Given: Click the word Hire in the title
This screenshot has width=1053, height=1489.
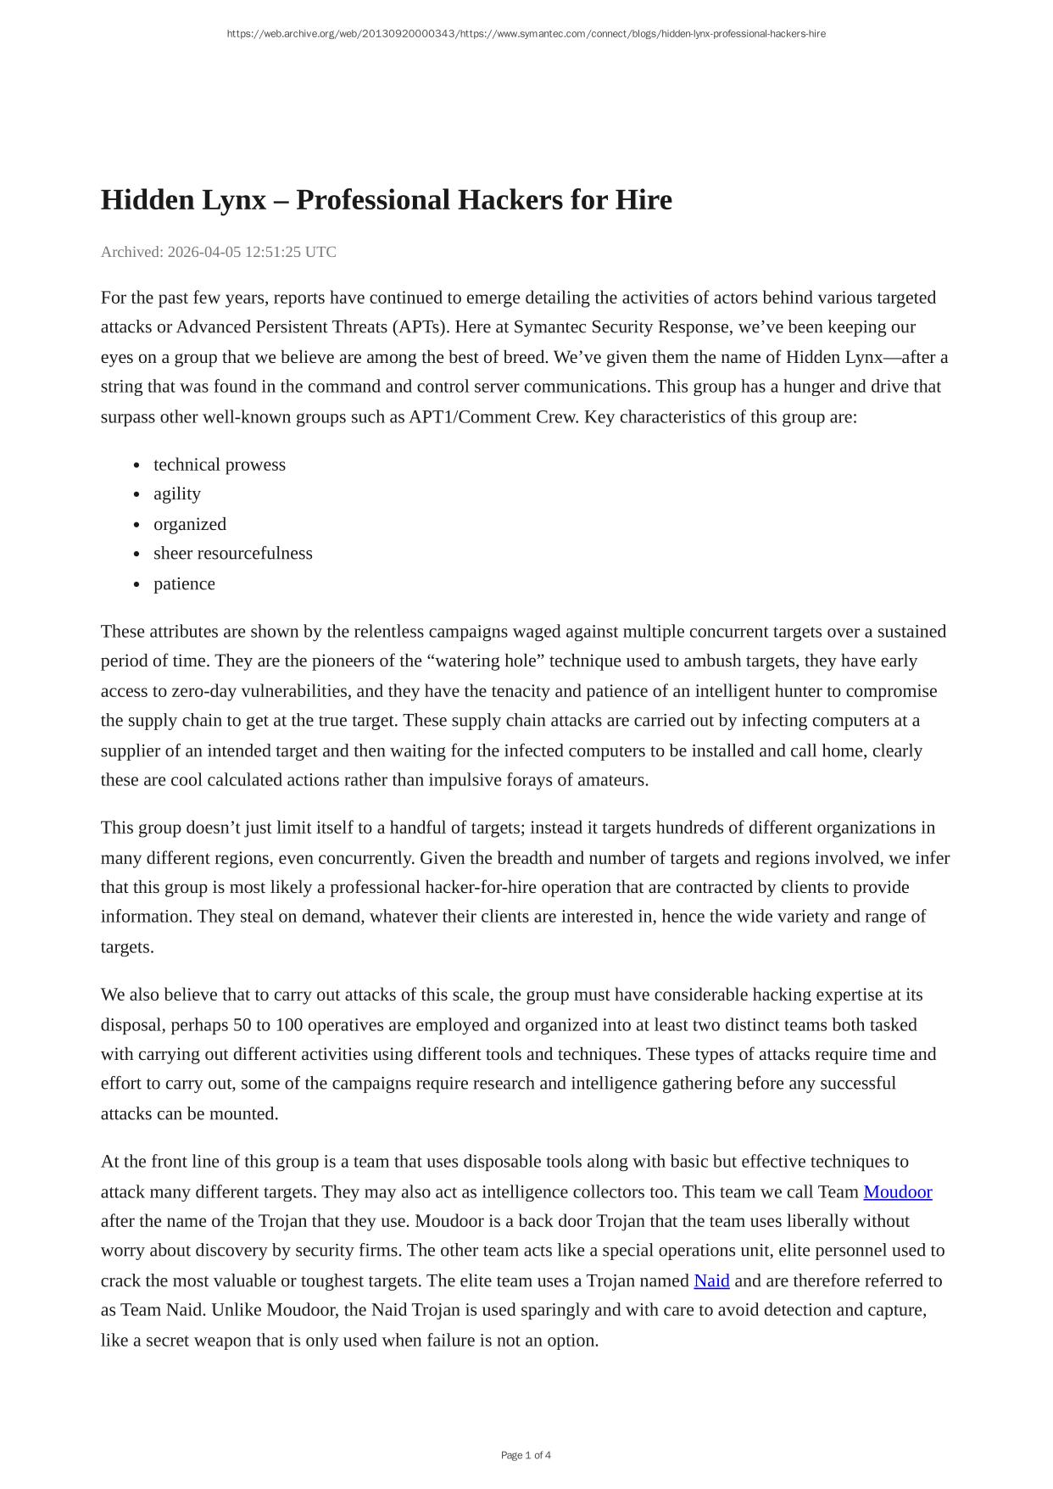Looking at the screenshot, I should (643, 201).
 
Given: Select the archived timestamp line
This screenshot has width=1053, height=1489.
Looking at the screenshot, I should (219, 252).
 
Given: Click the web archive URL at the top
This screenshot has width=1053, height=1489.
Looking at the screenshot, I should (526, 34).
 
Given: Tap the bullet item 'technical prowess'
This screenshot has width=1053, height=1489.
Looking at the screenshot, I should (220, 465).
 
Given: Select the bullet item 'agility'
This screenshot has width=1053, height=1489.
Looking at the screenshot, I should (177, 494).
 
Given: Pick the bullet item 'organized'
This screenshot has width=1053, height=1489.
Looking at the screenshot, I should (190, 524).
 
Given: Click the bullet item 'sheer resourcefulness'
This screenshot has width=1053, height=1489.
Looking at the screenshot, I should (233, 553).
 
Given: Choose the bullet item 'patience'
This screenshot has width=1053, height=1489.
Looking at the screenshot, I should (184, 583).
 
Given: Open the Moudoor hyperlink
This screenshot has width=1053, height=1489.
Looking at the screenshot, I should (898, 1192).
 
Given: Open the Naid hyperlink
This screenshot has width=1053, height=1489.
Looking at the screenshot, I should (711, 1280).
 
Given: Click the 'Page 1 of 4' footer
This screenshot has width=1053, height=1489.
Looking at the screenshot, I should (526, 1455).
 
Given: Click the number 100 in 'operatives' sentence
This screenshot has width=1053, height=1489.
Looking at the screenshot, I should (289, 1024).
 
